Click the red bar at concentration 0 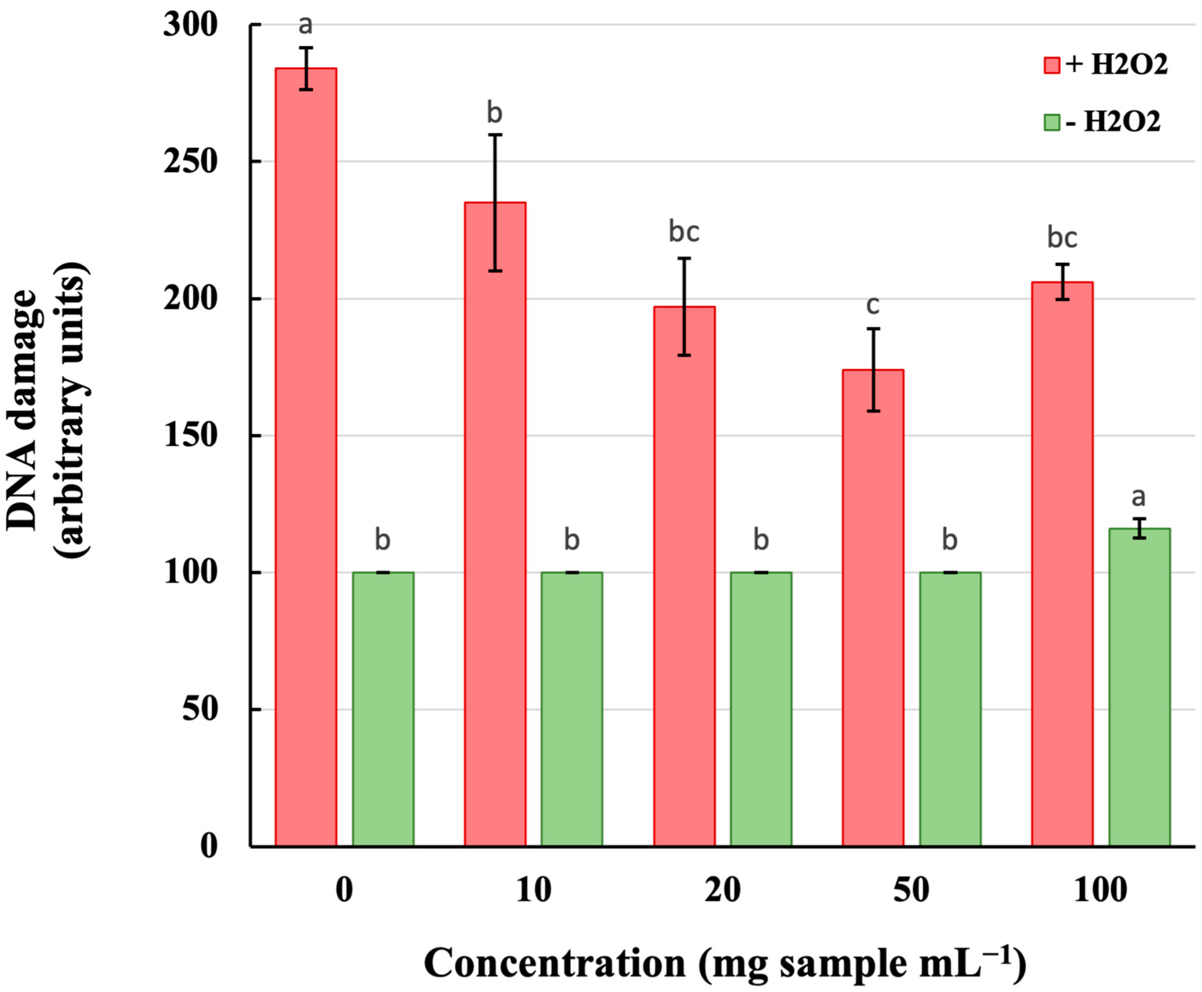tap(305, 457)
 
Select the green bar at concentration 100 tap(1139, 686)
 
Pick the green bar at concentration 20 tap(760, 709)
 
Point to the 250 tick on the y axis tap(190, 162)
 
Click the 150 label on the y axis tap(190, 435)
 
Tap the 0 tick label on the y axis tap(209, 846)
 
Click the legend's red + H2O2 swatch tap(1051, 65)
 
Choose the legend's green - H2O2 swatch tap(1051, 122)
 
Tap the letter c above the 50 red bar tap(872, 305)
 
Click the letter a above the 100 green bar tap(1138, 497)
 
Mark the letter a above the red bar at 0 tap(306, 25)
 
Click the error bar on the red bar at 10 tap(495, 202)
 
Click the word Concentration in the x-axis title tap(554, 963)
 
